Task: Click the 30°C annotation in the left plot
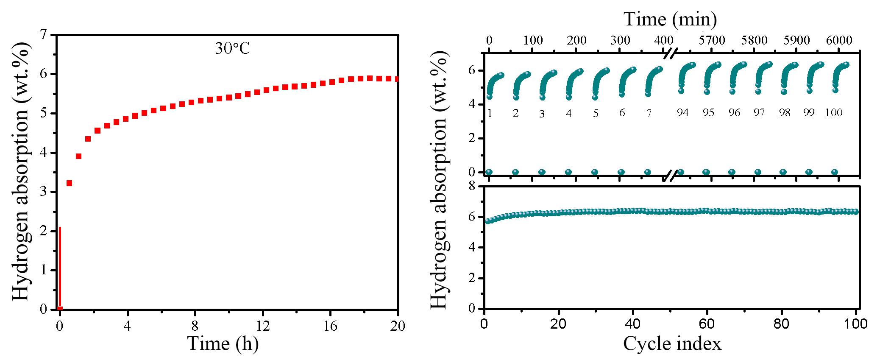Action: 232,48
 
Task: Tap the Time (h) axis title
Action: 223,343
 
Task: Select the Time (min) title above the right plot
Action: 670,19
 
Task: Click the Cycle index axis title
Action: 672,343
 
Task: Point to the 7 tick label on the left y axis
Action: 44,34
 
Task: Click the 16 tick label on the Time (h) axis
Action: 330,326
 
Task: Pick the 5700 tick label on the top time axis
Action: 712,40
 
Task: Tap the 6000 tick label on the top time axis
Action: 839,40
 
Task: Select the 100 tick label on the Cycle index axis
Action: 855,324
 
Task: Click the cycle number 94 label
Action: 682,112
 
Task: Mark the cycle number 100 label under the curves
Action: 833,112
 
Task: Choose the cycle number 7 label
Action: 649,113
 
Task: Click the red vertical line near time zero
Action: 60,267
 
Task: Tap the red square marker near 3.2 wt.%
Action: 70,183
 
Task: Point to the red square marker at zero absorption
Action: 60,309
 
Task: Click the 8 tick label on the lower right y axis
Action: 472,186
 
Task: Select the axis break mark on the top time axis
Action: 670,53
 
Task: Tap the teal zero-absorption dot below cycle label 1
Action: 489,172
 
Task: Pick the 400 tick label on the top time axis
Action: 663,40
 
